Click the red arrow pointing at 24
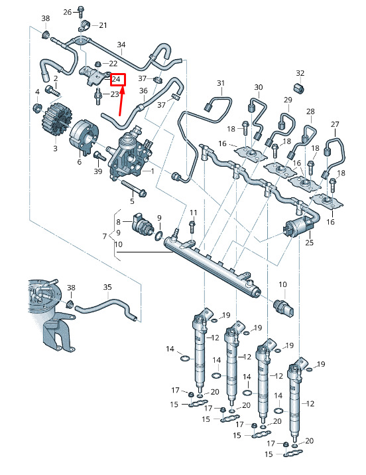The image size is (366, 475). [121, 101]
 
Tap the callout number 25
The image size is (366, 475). [310, 242]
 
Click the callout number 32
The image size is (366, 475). [300, 73]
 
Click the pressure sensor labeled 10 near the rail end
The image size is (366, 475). [284, 308]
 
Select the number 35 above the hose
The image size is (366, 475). [107, 286]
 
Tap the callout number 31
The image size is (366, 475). [221, 82]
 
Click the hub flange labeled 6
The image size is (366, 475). [84, 137]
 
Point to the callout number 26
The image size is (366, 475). [68, 12]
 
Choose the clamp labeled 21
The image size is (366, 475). [85, 26]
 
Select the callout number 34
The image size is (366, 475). [121, 45]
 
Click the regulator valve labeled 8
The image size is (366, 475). [142, 225]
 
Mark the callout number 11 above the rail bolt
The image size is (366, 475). [193, 213]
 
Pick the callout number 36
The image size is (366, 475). [143, 90]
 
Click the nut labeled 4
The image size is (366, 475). [38, 107]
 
